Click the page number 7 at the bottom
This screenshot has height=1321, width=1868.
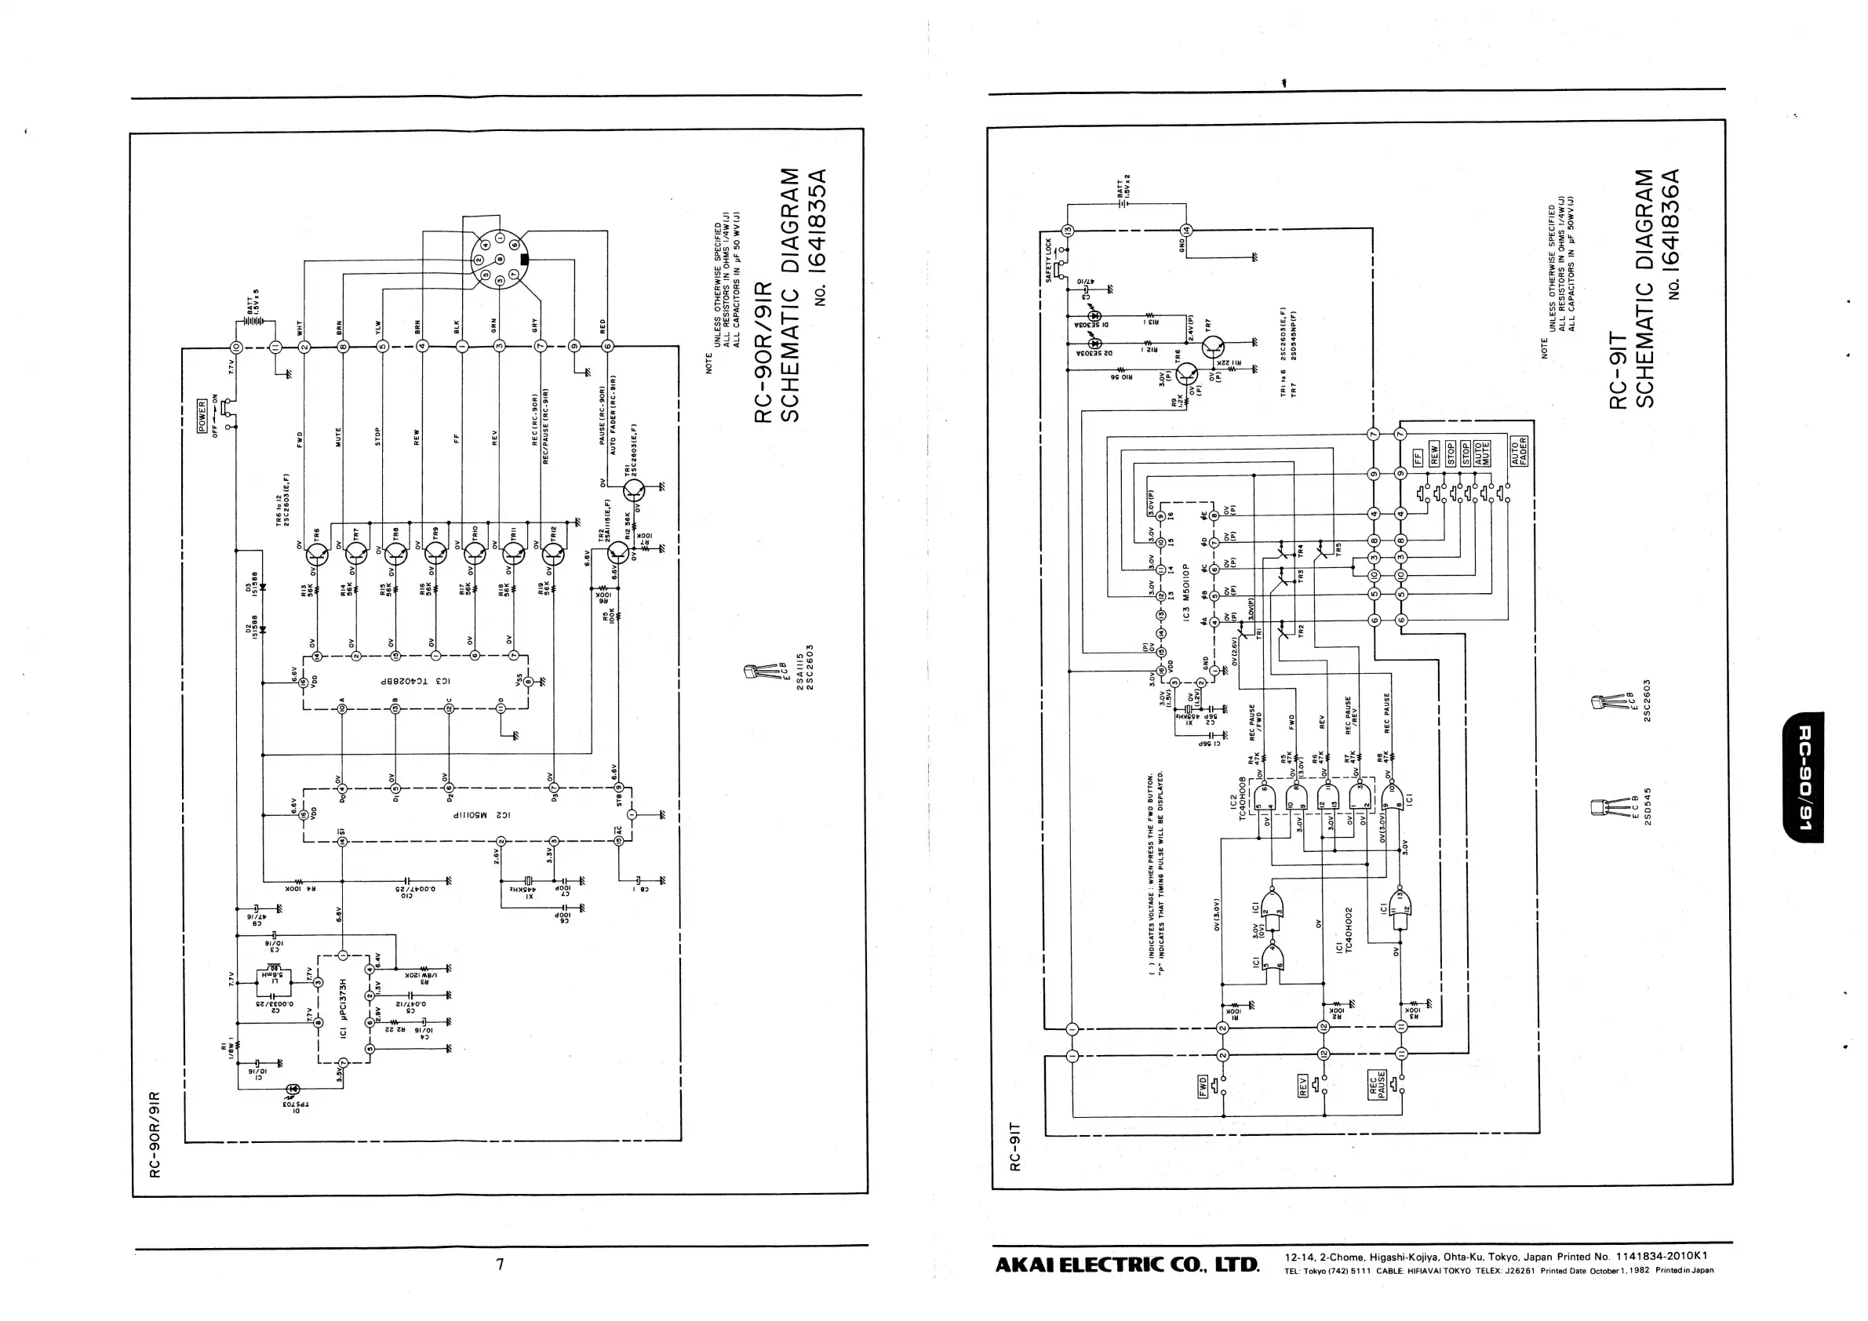point(501,1263)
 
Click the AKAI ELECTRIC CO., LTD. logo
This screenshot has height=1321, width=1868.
point(1127,1265)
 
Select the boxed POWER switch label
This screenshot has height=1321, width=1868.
point(202,417)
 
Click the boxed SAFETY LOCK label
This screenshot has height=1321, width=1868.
point(1049,260)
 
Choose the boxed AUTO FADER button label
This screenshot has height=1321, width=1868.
point(1518,450)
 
